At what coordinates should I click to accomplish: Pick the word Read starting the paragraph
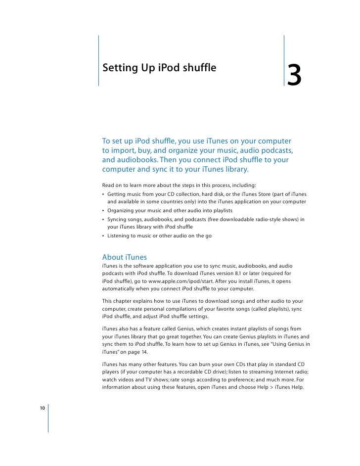108,185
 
